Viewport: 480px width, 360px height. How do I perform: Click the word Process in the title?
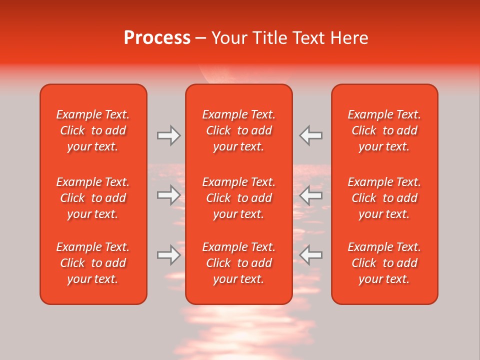pyautogui.click(x=157, y=38)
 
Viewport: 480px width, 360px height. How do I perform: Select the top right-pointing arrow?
pyautogui.click(x=168, y=135)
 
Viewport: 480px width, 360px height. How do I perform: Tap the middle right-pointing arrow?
pyautogui.click(x=168, y=194)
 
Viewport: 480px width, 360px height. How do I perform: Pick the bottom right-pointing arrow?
pyautogui.click(x=168, y=255)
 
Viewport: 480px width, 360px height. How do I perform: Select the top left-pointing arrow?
pyautogui.click(x=311, y=135)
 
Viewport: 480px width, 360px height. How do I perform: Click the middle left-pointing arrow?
pyautogui.click(x=311, y=194)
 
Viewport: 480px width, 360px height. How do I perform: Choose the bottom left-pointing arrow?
pyautogui.click(x=311, y=255)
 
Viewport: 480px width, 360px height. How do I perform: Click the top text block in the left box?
pyautogui.click(x=93, y=130)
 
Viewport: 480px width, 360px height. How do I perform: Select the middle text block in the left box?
pyautogui.click(x=93, y=198)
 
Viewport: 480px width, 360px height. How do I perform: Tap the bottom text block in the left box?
pyautogui.click(x=93, y=263)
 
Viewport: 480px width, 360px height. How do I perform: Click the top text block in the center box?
pyautogui.click(x=239, y=130)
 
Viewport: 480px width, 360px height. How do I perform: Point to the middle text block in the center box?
pyautogui.click(x=239, y=198)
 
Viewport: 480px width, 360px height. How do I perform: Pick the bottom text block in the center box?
pyautogui.click(x=239, y=263)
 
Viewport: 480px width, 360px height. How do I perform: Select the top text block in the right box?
pyautogui.click(x=384, y=130)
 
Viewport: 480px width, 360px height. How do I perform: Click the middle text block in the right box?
pyautogui.click(x=384, y=198)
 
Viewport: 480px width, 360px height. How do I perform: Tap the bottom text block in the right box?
pyautogui.click(x=384, y=263)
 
